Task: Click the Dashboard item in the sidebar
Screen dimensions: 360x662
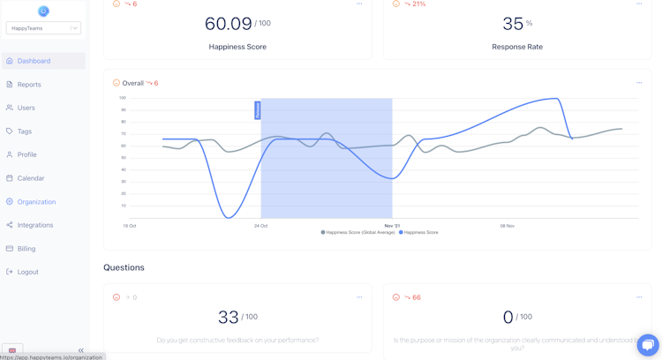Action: (34, 61)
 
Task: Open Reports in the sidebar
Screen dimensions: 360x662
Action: (29, 85)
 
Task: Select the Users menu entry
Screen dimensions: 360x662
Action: (26, 108)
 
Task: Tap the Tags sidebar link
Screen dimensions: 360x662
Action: (25, 131)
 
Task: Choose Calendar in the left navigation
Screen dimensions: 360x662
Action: (31, 178)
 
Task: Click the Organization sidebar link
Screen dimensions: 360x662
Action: (36, 202)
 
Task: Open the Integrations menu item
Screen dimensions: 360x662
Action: (35, 225)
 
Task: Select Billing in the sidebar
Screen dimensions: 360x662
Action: (26, 249)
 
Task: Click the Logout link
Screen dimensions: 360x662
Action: (28, 272)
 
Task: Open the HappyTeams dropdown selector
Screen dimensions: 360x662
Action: (43, 28)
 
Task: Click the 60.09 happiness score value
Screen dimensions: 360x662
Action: (228, 24)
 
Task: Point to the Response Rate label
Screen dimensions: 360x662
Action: (517, 47)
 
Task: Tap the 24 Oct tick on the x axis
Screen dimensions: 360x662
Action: (260, 226)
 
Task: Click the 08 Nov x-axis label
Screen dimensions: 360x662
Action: (507, 226)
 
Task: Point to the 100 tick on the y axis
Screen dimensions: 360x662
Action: (122, 98)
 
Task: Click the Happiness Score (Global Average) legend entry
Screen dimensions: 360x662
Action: (359, 233)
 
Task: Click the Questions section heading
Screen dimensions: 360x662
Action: (124, 267)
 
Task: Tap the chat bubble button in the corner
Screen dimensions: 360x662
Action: (648, 345)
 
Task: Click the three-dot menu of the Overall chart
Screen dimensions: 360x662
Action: (639, 83)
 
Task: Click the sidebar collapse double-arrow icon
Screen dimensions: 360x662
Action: (80, 350)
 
